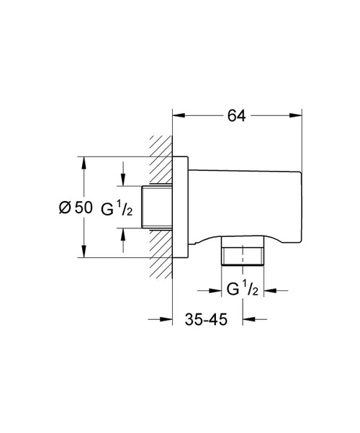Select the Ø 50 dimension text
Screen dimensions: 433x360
coord(73,207)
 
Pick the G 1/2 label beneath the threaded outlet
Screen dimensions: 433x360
coord(243,290)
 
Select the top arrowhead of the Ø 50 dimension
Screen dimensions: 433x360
coord(84,162)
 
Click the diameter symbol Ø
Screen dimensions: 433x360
coord(63,207)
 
